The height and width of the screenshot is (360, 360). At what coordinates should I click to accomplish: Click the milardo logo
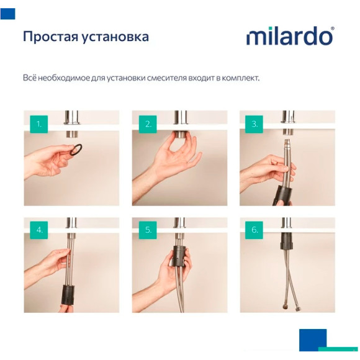click(289, 36)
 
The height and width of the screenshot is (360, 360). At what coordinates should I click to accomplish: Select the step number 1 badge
click(40, 124)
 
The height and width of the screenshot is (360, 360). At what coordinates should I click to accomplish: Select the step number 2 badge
click(148, 124)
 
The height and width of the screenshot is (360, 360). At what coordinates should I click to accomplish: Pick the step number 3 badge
click(255, 124)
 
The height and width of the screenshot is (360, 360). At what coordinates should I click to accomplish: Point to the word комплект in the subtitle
click(238, 79)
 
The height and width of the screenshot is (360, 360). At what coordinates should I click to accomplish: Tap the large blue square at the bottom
click(312, 340)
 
